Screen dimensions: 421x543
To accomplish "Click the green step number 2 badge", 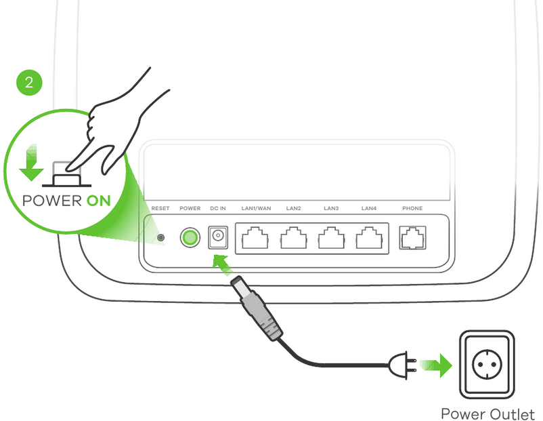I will tap(28, 83).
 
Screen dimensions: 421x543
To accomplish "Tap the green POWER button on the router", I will tap(190, 237).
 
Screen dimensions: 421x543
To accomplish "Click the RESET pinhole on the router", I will tap(160, 237).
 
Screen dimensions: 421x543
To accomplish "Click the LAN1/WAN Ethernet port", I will tap(256, 237).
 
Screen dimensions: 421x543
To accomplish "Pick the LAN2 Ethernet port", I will tap(294, 237).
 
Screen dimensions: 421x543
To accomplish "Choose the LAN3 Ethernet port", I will tap(331, 237).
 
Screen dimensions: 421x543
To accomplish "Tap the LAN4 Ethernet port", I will tap(369, 237).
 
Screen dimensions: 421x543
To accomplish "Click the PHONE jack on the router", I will tap(412, 237).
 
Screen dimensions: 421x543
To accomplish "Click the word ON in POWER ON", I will tap(98, 201).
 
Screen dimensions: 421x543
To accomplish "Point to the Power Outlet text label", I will tap(487, 413).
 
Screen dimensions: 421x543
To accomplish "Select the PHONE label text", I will tap(412, 208).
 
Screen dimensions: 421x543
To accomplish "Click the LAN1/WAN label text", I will tap(256, 208).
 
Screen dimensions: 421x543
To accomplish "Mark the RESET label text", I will tap(160, 208).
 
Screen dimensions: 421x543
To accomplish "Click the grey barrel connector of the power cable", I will tap(257, 308).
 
